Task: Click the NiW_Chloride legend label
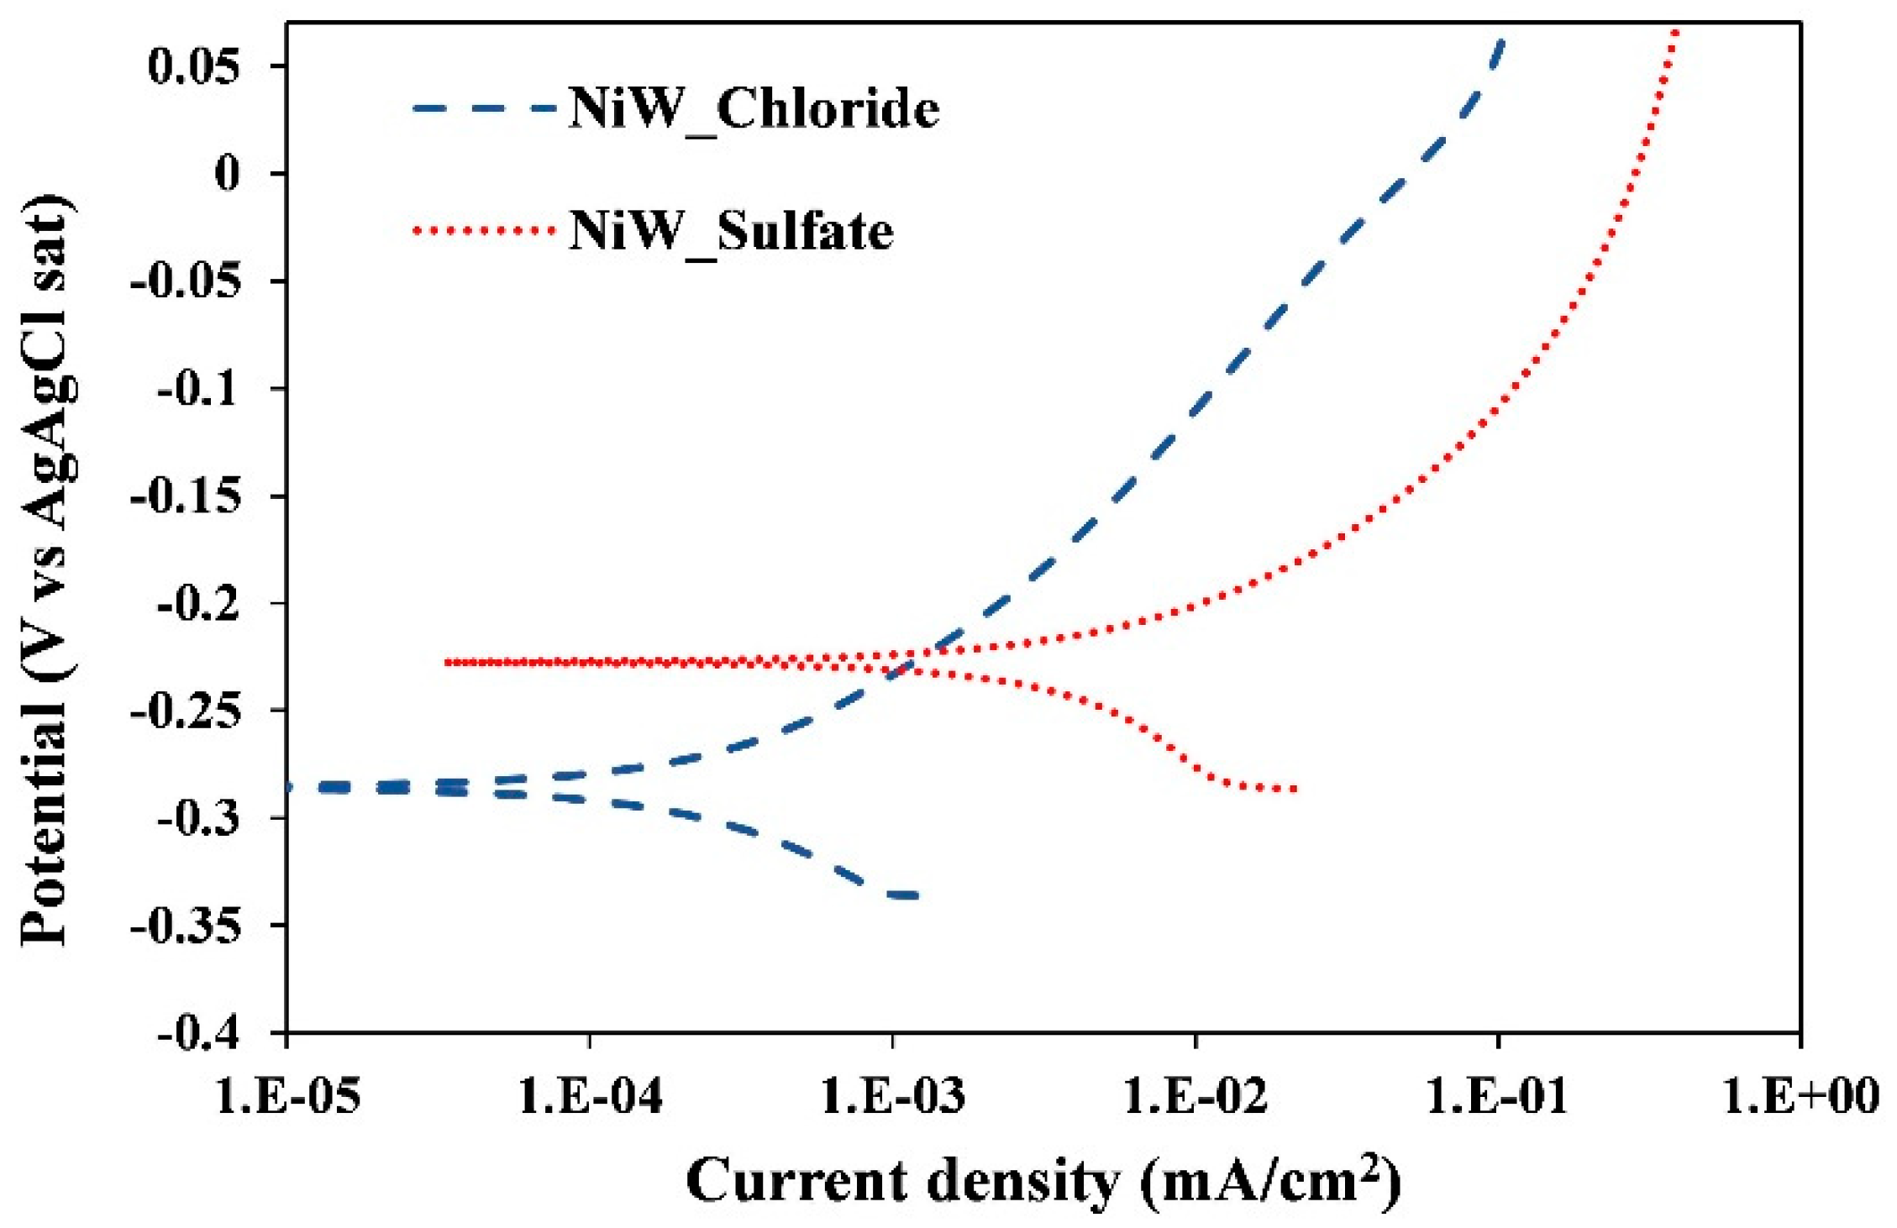[x=753, y=109]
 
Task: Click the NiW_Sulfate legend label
[x=731, y=231]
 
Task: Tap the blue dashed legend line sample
[x=485, y=108]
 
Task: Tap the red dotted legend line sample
[x=485, y=230]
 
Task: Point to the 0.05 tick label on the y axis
[x=193, y=66]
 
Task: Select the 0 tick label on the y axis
[x=227, y=174]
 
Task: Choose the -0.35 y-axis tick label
[x=186, y=926]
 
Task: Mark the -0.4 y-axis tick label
[x=198, y=1034]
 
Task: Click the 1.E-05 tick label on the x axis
[x=288, y=1096]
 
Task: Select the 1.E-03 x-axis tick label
[x=892, y=1096]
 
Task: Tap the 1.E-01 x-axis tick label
[x=1497, y=1096]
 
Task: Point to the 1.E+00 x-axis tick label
[x=1800, y=1096]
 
